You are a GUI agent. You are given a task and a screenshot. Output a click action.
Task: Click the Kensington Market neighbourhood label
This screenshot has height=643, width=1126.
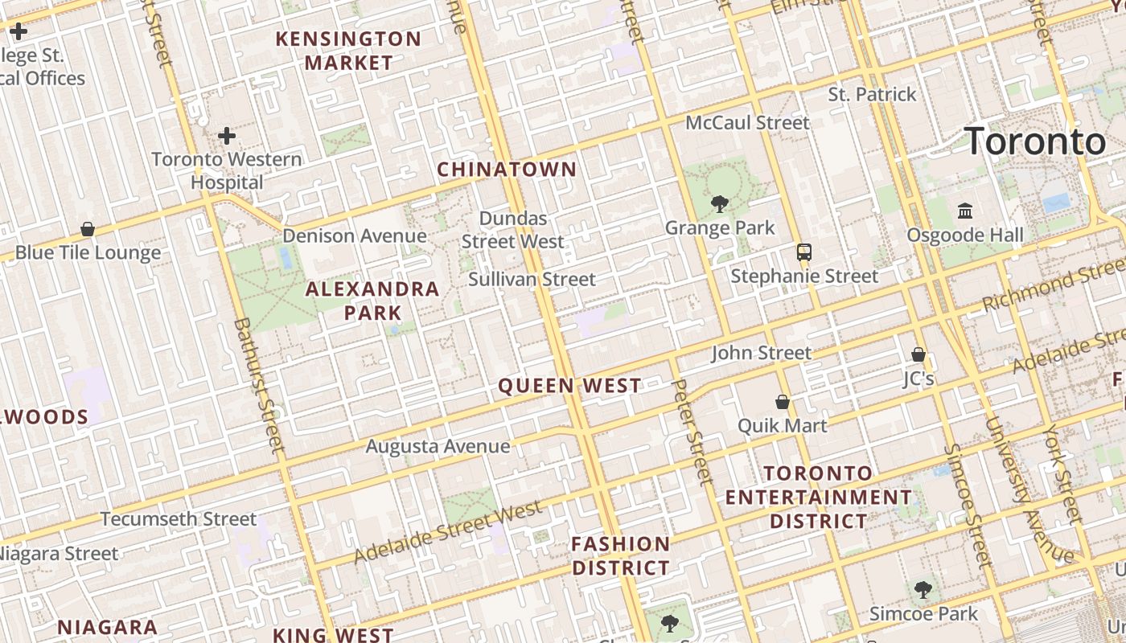[x=349, y=50]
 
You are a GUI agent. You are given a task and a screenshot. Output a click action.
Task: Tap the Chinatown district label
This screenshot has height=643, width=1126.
[x=507, y=169]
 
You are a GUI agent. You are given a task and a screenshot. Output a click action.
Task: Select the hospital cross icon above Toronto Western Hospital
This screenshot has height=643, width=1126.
[x=227, y=135]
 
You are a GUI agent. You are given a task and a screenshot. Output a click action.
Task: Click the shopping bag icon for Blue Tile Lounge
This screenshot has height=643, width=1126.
[x=88, y=229]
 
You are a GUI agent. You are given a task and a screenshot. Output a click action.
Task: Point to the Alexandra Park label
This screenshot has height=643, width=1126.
[x=372, y=301]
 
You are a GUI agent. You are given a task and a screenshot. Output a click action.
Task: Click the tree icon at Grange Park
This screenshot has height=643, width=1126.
[x=720, y=204]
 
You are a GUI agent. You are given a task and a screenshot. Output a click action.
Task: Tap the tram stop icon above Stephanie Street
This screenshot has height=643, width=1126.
[x=803, y=252]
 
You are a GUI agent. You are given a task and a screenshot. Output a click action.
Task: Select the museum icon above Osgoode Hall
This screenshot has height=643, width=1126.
[x=965, y=211]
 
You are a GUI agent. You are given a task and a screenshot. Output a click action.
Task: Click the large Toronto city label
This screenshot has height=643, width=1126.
[x=1035, y=141]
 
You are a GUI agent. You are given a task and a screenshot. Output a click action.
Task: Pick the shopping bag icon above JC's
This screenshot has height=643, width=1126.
[x=918, y=354]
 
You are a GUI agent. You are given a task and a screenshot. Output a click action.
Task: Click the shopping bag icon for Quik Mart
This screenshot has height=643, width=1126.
[x=782, y=402]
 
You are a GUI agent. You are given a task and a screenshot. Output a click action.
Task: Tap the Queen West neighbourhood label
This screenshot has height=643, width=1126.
[x=569, y=386]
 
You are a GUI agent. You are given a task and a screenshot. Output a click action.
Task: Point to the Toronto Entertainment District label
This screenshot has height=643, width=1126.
[x=819, y=497]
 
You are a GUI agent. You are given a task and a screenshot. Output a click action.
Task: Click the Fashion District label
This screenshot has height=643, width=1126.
[x=620, y=555]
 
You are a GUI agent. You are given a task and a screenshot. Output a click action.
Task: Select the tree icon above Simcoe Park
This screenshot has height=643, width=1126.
[x=923, y=590]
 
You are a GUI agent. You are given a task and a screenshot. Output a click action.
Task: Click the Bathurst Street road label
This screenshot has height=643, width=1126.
[x=259, y=384]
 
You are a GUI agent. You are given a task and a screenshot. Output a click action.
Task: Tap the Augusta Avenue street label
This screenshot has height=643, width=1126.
[x=438, y=446]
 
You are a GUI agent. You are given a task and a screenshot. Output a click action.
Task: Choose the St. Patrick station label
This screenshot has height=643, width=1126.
[x=872, y=95]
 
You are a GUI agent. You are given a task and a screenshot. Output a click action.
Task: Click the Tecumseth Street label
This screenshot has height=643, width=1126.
[x=179, y=518]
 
